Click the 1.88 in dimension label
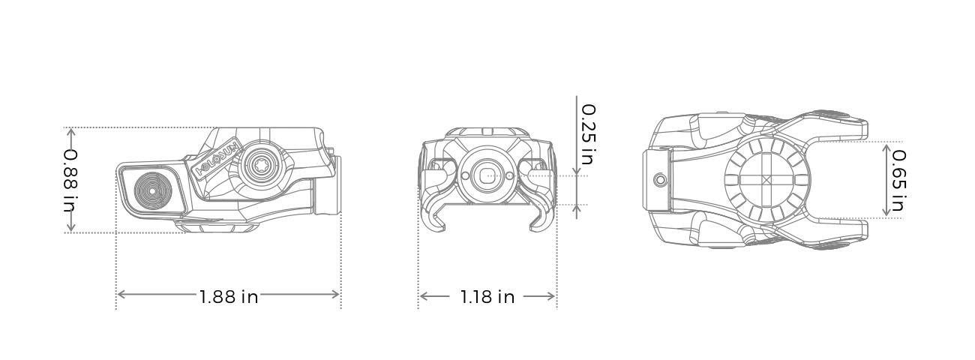pyautogui.click(x=229, y=296)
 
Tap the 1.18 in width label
pyautogui.click(x=487, y=297)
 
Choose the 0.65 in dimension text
pyautogui.click(x=898, y=180)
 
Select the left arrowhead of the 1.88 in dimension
pyautogui.click(x=121, y=295)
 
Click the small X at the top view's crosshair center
pyautogui.click(x=766, y=181)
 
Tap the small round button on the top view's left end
pyautogui.click(x=660, y=180)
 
